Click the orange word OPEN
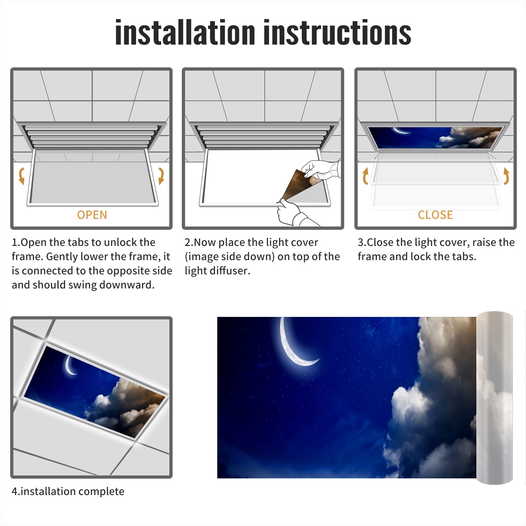pyautogui.click(x=92, y=215)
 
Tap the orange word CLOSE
pyautogui.click(x=435, y=215)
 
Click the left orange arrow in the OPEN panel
pyautogui.click(x=21, y=176)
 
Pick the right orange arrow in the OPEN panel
pyautogui.click(x=161, y=176)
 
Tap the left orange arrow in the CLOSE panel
pyautogui.click(x=365, y=176)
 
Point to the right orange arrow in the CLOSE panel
pyautogui.click(x=506, y=176)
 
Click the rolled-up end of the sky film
pyautogui.click(x=495, y=398)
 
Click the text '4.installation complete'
pyautogui.click(x=68, y=491)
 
